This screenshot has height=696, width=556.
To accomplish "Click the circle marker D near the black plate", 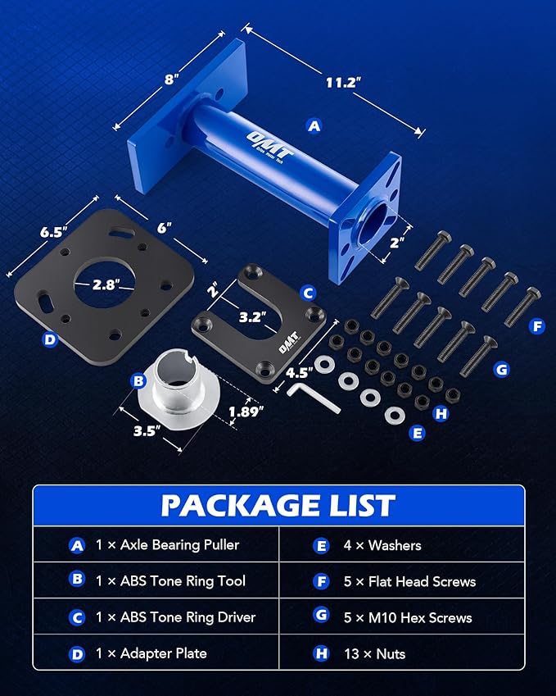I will click(50, 338).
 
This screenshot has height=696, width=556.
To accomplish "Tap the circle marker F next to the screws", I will click(537, 326).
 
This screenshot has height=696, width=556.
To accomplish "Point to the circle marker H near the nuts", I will click(441, 413).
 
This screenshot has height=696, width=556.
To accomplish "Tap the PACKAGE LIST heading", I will click(278, 505).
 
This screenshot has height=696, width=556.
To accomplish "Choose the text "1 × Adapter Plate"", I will click(149, 653).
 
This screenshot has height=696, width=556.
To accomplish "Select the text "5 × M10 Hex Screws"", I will click(404, 617).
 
